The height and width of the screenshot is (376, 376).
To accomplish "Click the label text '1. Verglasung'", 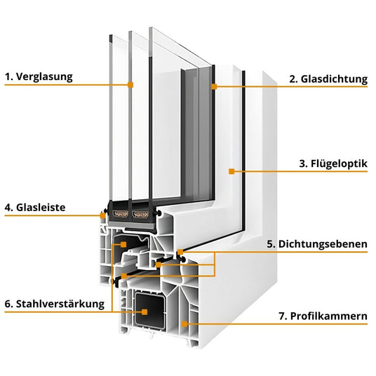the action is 39,77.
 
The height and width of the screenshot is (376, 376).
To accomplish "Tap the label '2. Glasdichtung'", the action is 328,79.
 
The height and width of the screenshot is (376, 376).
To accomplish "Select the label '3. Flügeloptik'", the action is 333,163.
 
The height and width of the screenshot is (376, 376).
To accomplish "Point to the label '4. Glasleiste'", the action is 35,208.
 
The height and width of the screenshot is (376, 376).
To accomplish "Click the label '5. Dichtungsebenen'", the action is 317,244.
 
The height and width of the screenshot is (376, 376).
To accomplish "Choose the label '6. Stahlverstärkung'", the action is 55,304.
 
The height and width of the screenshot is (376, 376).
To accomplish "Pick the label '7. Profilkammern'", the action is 323,316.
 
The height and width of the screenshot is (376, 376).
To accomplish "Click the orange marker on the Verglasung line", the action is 130,85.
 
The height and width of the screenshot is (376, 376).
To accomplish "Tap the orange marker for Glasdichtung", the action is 214,86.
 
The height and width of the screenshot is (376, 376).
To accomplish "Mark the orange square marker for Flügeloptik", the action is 231,171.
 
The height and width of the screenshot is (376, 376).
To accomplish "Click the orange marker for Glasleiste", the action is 102,215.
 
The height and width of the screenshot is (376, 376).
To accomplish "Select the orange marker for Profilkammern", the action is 184,324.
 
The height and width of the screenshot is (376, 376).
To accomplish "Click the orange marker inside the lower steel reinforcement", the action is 145,311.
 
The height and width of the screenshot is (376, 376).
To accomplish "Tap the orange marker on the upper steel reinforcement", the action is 123,245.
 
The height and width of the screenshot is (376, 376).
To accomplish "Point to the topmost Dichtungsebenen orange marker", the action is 180,252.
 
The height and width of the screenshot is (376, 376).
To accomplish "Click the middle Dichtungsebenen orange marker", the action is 159,264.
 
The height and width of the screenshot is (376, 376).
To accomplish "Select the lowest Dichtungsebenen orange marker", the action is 123,276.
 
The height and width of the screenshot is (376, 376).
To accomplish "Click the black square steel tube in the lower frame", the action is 150,311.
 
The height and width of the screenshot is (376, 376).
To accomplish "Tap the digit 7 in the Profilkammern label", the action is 282,316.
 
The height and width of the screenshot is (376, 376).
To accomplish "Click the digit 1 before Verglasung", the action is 8,77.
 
